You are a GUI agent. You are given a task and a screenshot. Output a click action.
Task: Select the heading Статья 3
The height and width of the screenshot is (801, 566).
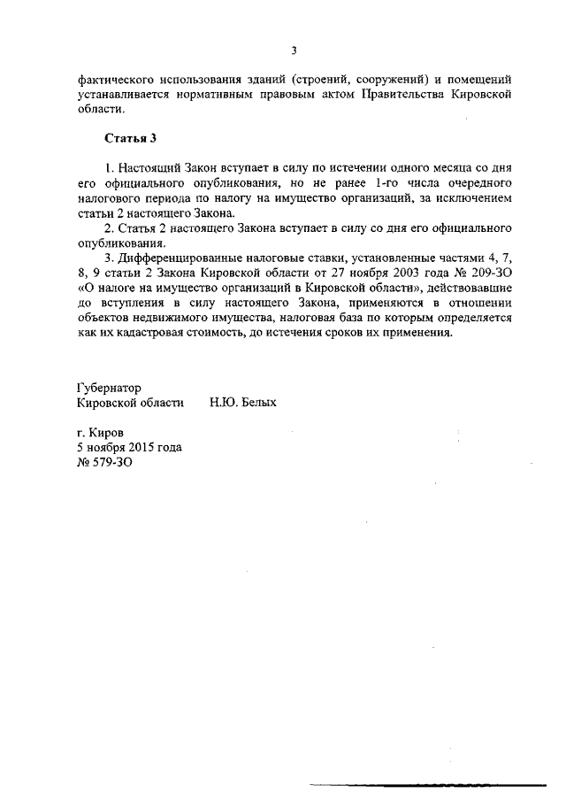pos(131,138)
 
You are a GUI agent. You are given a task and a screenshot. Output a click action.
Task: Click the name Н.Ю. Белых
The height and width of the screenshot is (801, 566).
pos(243,402)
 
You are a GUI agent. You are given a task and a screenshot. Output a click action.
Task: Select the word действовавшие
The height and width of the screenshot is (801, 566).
pos(467,288)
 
